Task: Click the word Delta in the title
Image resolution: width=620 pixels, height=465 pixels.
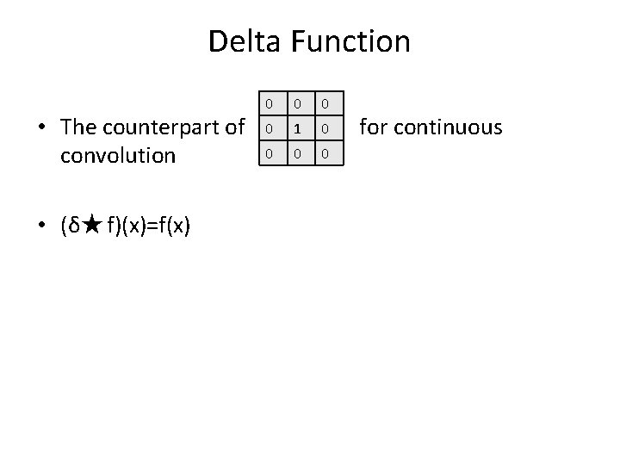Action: click(245, 40)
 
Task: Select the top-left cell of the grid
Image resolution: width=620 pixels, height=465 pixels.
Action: click(269, 103)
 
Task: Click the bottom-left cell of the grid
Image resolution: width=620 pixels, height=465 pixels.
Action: click(269, 153)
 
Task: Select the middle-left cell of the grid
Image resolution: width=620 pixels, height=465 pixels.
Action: click(269, 128)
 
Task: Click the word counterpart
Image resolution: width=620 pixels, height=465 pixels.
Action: click(161, 128)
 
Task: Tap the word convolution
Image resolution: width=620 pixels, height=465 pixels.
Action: click(118, 156)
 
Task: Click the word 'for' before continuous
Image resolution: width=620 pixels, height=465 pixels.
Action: click(372, 127)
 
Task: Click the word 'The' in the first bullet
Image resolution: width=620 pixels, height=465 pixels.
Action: click(79, 128)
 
